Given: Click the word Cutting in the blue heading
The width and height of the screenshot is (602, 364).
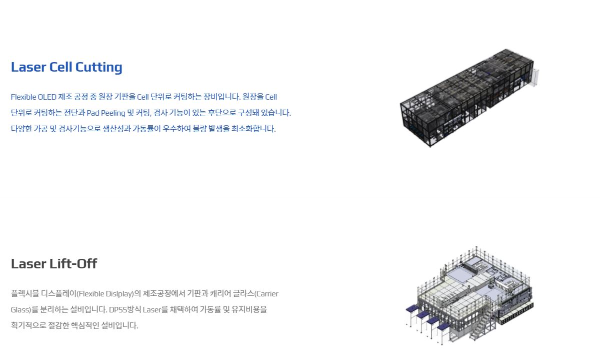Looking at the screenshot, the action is coord(98,67).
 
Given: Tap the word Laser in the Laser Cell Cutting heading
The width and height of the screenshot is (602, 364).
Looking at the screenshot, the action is coord(28,67).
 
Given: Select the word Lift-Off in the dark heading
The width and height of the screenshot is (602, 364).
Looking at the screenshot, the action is coord(73,264).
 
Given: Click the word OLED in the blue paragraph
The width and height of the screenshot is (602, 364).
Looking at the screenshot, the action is coord(47,97).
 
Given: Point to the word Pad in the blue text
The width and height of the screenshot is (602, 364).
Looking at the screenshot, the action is coord(93,113).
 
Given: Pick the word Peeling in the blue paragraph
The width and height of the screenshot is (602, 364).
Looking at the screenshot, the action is coord(113,113).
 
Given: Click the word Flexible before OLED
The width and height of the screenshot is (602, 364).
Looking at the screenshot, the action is coord(23,97).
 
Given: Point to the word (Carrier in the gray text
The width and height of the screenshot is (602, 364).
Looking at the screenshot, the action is coord(266,293).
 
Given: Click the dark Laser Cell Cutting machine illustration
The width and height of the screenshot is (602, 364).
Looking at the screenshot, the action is coord(469,98).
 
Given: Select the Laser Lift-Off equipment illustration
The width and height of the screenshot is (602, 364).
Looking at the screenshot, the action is coord(469,295).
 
